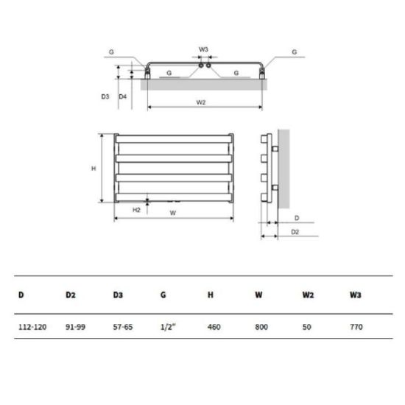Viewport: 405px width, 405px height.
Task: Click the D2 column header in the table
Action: point(71,295)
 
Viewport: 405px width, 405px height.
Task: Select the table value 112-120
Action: point(32,327)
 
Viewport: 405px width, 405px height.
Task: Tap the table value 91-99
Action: point(75,327)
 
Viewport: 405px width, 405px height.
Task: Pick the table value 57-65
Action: point(123,327)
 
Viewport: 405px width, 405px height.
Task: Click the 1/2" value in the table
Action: point(168,327)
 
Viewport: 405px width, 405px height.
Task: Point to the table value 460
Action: point(214,327)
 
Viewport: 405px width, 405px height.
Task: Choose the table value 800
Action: point(261,327)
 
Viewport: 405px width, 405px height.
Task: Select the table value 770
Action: point(356,327)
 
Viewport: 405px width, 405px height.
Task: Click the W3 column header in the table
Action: point(356,295)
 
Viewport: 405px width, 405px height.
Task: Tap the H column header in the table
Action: point(211,295)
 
